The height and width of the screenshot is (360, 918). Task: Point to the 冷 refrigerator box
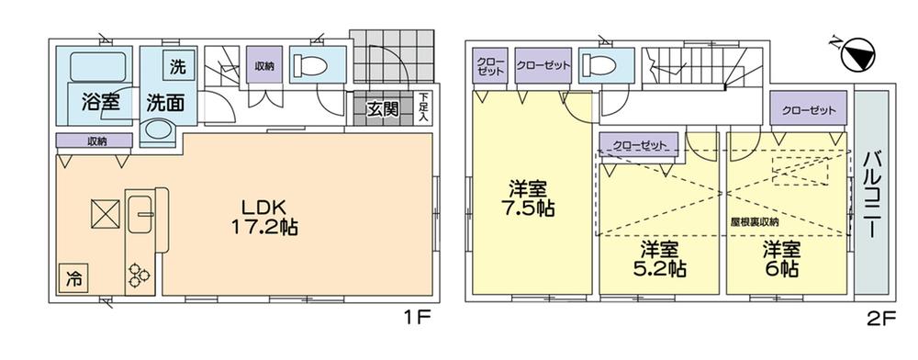[x=71, y=277]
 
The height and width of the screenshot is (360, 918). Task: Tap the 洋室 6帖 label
[x=778, y=258]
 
